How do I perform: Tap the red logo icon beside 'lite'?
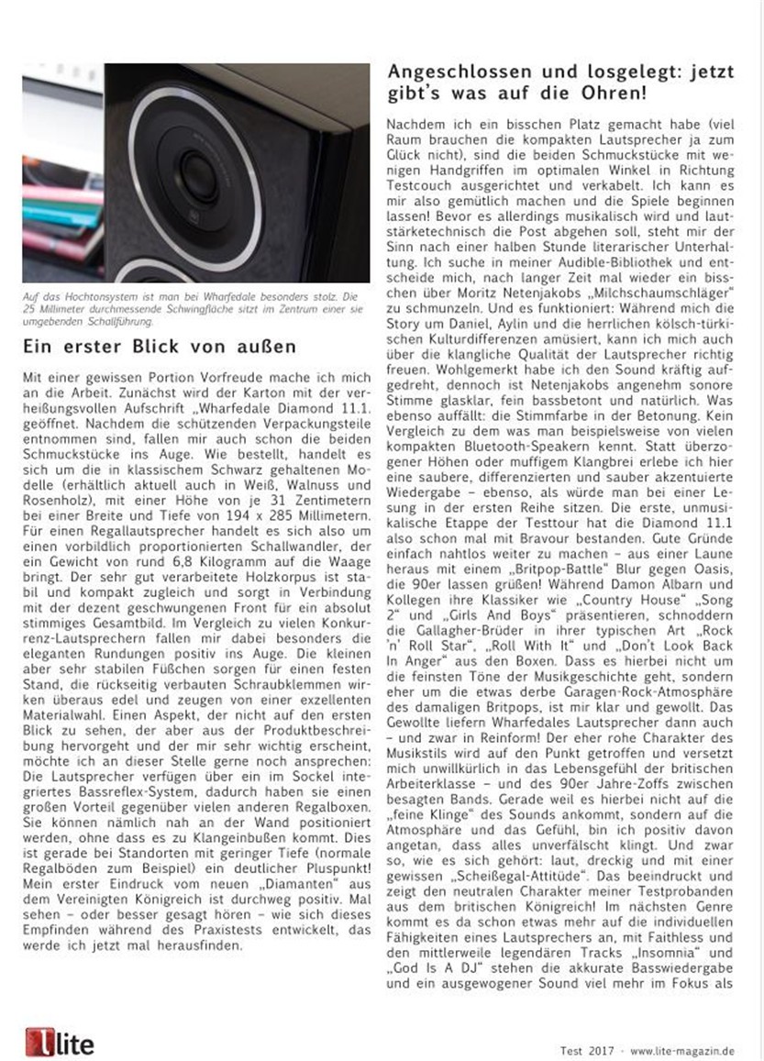pos(38,1042)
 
